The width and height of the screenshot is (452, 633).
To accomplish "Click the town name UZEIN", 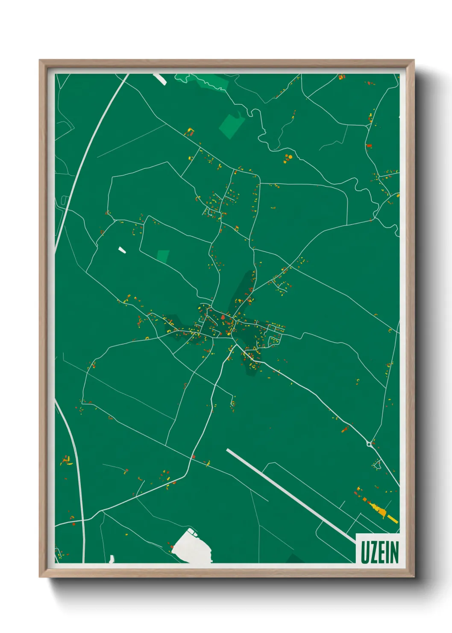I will [379, 552].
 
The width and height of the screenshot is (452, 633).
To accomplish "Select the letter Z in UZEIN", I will [374, 552].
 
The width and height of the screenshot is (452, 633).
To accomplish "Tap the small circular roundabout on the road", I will [369, 444].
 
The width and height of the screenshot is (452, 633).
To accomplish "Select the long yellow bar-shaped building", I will [392, 518].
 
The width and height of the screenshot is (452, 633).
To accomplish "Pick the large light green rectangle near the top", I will [232, 125].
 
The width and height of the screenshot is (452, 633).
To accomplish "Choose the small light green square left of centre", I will [163, 256].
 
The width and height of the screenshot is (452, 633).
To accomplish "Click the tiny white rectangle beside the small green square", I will [122, 249].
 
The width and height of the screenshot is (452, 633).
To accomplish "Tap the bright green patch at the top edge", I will [201, 80].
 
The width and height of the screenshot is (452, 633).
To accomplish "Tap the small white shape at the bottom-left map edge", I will [112, 559].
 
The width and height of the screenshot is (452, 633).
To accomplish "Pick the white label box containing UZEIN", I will [379, 549].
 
